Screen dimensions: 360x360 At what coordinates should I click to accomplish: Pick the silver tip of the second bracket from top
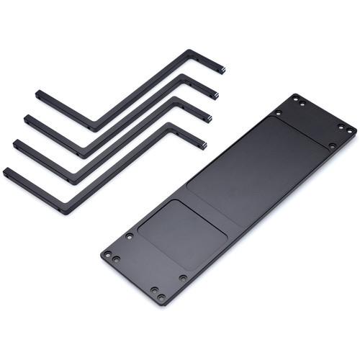(x=215, y=95)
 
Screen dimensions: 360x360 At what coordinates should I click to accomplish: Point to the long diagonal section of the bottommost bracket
(x=119, y=170)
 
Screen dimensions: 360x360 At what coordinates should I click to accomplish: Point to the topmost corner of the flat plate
(x=294, y=94)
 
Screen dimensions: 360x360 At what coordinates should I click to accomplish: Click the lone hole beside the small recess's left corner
(x=129, y=235)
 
